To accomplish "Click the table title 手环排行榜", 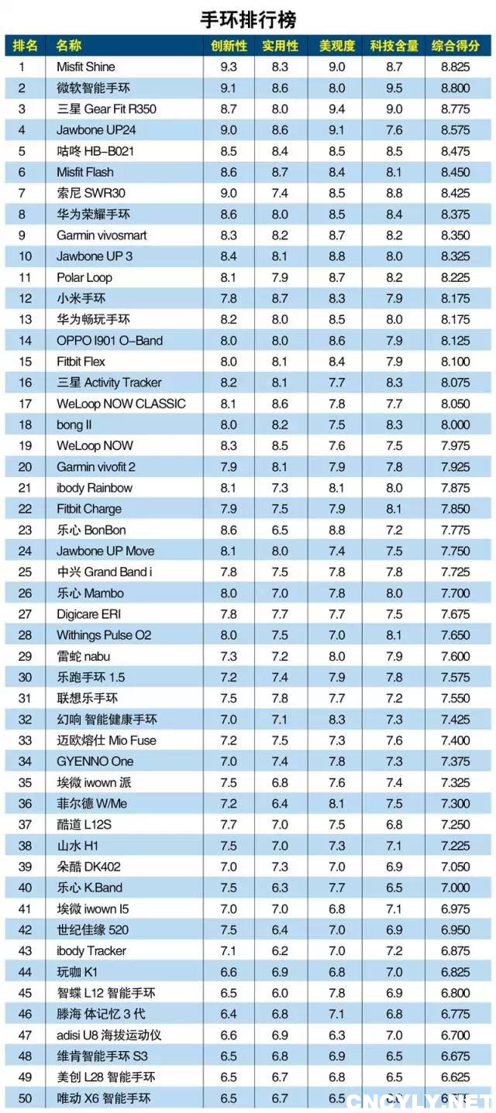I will click(248, 18).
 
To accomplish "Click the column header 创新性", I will click(229, 46).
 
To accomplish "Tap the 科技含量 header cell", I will click(394, 46).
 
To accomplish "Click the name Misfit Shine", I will click(85, 67).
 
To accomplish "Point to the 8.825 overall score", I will click(456, 67).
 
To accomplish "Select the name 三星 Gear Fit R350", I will click(106, 109).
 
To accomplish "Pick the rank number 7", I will click(22, 193).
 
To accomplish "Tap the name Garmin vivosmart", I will click(102, 235).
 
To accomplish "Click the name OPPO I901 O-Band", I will click(109, 341).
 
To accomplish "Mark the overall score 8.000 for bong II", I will click(456, 424).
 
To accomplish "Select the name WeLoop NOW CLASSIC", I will click(121, 404).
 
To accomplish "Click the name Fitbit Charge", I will click(89, 509).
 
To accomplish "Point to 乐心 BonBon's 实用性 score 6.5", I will click(280, 530).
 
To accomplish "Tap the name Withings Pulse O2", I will click(104, 635).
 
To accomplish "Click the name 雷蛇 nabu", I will click(84, 656).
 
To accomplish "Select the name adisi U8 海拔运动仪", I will click(108, 1035).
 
